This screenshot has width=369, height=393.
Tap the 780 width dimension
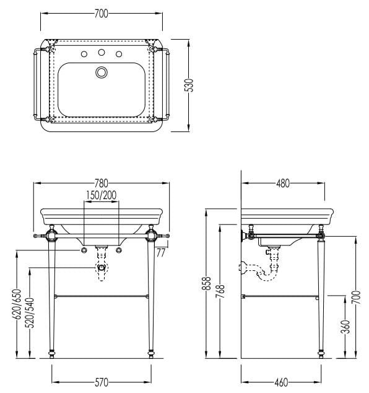coord(102,183)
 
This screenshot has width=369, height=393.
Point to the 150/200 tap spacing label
coord(101,195)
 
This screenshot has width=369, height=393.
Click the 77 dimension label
coord(160,252)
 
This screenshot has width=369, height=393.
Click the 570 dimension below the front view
coord(102,381)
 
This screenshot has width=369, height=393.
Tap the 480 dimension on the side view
coord(282,183)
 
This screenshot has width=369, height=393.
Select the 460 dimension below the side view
coord(282,381)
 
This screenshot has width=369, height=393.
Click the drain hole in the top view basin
coord(102,73)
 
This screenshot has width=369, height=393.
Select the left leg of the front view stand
coord(52,298)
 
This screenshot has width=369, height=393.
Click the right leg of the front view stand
coord(150,298)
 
